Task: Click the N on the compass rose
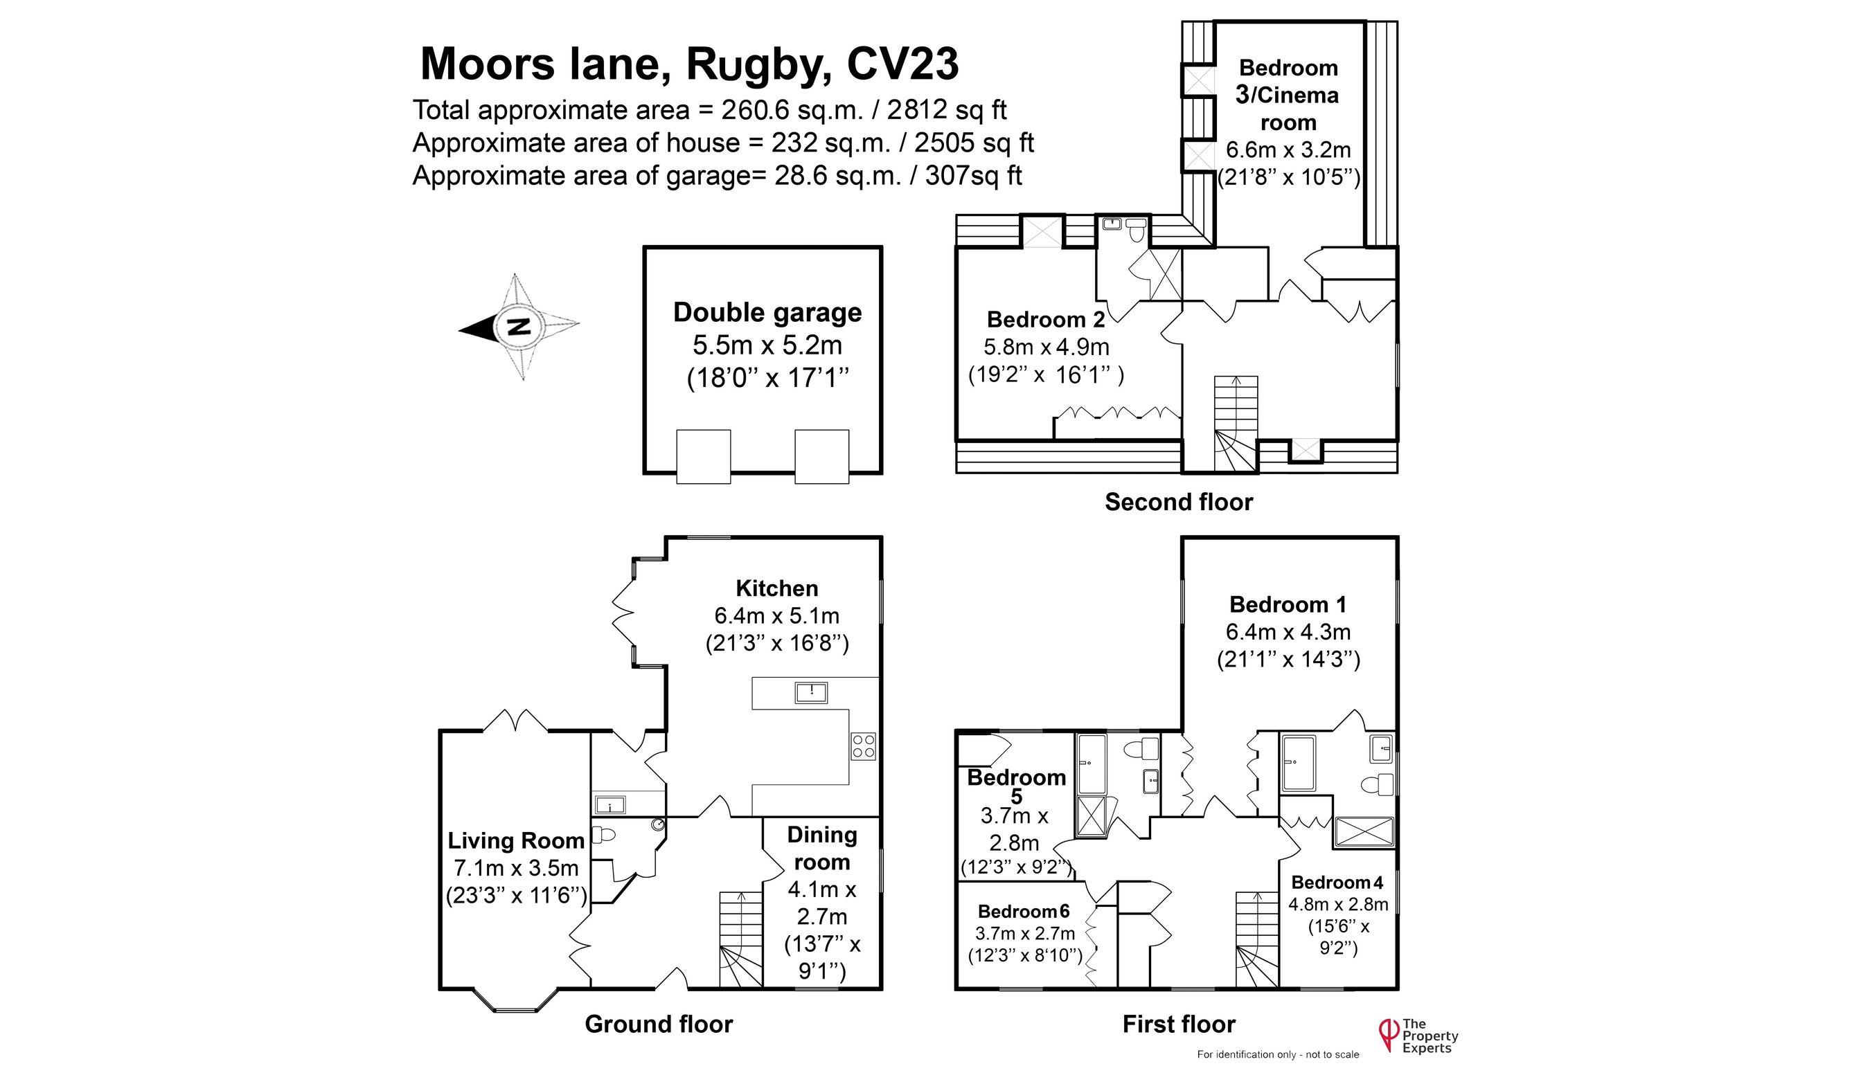click(520, 325)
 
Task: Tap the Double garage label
click(767, 312)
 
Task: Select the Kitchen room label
click(777, 588)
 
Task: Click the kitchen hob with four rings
click(864, 746)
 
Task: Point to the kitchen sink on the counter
click(811, 692)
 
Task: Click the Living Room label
click(515, 840)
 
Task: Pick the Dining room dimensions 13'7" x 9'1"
click(822, 957)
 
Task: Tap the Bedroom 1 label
click(1288, 605)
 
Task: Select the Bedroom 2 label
click(1046, 320)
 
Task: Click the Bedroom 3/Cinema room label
click(1289, 95)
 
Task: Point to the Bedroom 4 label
click(1337, 883)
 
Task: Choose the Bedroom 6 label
click(1024, 912)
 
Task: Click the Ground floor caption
click(659, 1024)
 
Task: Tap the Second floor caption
click(1179, 502)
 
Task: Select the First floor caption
click(1179, 1024)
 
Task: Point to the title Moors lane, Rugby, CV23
click(689, 64)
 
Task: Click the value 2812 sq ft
click(947, 110)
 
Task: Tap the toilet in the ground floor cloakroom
click(605, 835)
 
